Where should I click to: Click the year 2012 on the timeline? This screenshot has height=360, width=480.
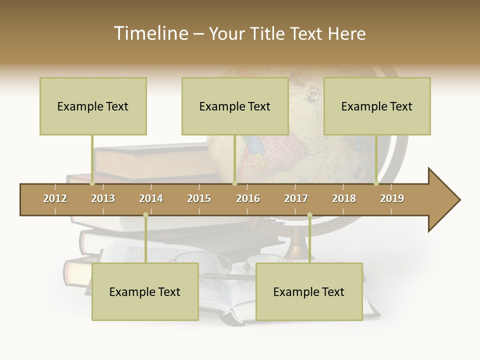point(55,198)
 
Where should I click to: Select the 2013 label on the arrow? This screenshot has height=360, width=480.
point(103,198)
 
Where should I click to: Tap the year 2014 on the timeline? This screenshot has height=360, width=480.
point(151,198)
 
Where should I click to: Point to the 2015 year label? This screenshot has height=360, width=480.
point(199,198)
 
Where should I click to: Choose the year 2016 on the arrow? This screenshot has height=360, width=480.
point(248,198)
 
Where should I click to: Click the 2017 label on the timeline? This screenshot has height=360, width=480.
point(296,198)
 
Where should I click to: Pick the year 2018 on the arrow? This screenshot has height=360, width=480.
point(344,198)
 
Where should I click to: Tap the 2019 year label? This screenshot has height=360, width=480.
point(392,198)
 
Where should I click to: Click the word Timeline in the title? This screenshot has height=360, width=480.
point(150,33)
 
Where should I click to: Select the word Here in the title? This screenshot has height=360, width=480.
point(346,33)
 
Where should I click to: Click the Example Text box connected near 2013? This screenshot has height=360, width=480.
point(93,106)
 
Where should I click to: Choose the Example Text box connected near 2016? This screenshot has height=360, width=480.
point(235,106)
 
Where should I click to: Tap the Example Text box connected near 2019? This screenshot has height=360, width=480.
point(377,106)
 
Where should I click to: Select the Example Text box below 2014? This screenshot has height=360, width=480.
point(145,291)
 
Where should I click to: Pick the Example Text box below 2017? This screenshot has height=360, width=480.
point(309,291)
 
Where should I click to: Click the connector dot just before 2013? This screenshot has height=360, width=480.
point(92,183)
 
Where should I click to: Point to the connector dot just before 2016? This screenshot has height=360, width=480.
point(234,183)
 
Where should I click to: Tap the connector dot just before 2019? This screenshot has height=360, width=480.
point(376,183)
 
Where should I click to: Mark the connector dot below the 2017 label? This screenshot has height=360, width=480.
point(309,215)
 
